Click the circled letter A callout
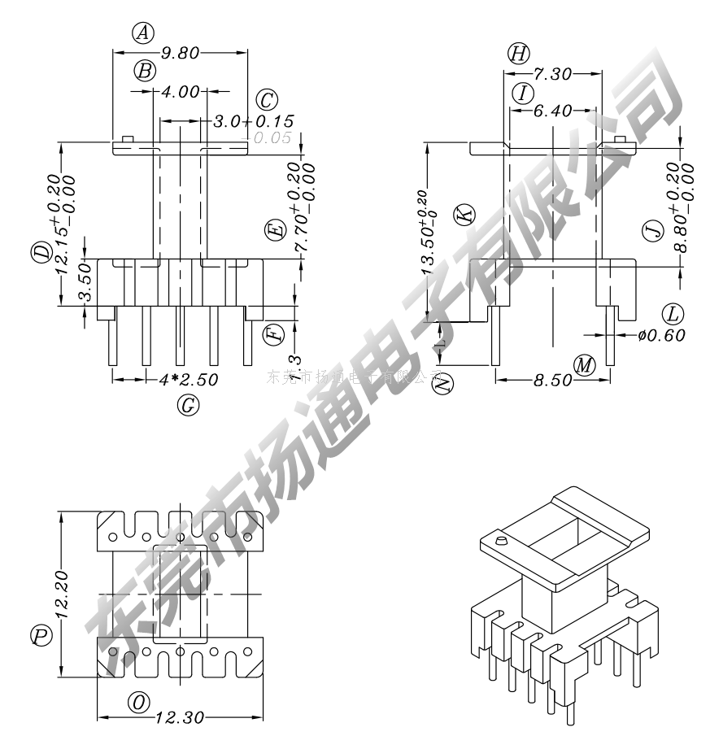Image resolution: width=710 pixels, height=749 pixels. coord(143,33)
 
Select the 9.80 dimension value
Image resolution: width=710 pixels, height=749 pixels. coord(180,54)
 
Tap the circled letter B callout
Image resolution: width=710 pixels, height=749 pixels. coord(145,72)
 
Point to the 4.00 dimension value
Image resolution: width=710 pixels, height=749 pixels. coord(180,92)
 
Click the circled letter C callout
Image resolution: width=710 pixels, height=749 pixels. coord(267,100)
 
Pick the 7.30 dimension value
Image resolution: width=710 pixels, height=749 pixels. coord(551,74)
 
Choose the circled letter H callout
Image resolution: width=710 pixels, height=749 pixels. coord(518,54)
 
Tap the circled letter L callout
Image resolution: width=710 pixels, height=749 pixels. coord(672,313)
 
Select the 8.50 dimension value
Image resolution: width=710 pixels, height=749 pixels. coord(550,380)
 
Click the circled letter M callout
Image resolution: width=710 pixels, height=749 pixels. coord(584,365)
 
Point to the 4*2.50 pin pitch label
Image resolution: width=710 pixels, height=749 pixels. coord(188,379)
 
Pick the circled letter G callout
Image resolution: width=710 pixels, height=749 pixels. coord(188,404)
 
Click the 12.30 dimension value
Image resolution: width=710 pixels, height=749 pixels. coord(179,718)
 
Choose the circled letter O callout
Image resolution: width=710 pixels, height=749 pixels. coord(141,701)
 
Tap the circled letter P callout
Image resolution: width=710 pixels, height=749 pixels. coord(41,635)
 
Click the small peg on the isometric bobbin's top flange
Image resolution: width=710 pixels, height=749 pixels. coord(501,539)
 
